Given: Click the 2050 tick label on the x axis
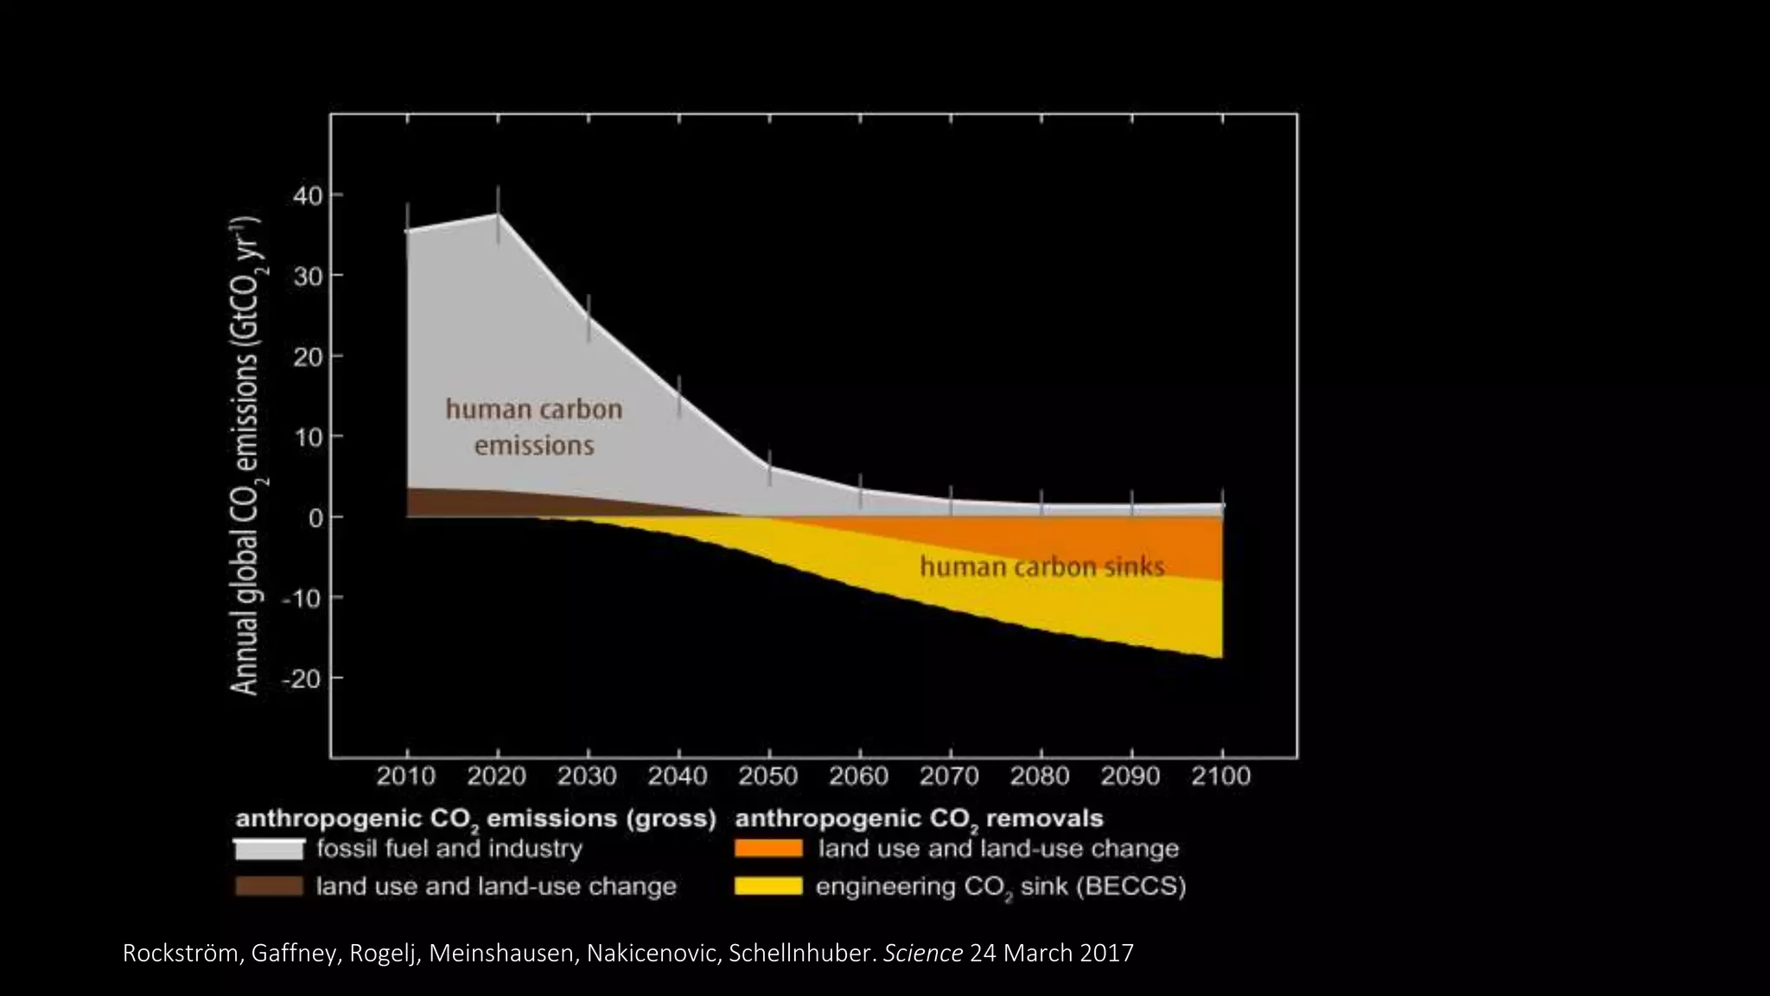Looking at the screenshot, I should [x=767, y=776].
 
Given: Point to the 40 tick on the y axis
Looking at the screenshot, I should [x=308, y=196].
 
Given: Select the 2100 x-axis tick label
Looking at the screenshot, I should [x=1220, y=776].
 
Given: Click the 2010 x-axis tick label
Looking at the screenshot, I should [x=405, y=776].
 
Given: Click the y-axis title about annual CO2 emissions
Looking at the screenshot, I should [x=246, y=456].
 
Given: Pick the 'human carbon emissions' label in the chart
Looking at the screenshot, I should [x=534, y=427].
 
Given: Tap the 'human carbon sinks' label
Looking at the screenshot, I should [x=1041, y=567].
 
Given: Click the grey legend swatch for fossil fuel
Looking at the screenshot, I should [x=269, y=849].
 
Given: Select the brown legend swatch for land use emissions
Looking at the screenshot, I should [x=269, y=886].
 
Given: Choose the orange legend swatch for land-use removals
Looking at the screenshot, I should [x=768, y=849].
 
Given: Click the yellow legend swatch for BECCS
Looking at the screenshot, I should [x=768, y=886].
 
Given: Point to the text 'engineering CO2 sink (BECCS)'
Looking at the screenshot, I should [x=1000, y=887].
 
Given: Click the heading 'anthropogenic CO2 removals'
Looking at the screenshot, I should [x=919, y=819].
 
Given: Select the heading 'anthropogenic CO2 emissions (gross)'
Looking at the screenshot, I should [x=475, y=819].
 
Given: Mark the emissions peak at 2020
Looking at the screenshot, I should [x=498, y=214].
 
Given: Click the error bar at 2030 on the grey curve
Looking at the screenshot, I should [x=589, y=316].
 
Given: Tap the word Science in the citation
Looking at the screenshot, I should [x=922, y=954].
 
